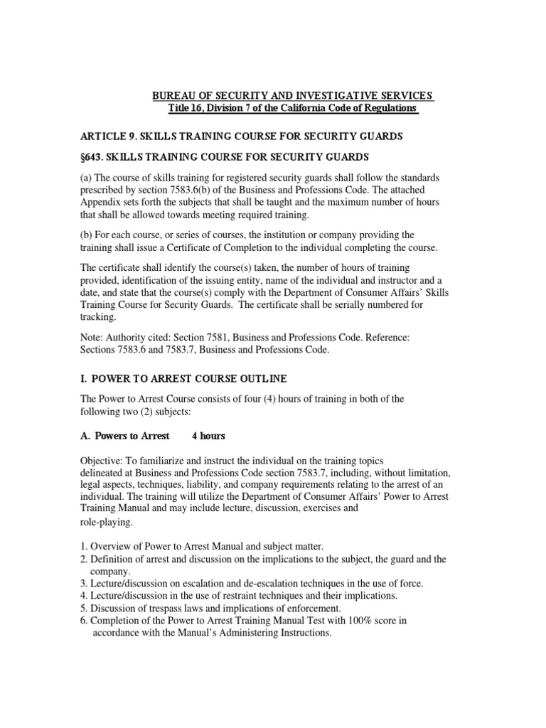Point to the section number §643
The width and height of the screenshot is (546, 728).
[95, 156]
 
